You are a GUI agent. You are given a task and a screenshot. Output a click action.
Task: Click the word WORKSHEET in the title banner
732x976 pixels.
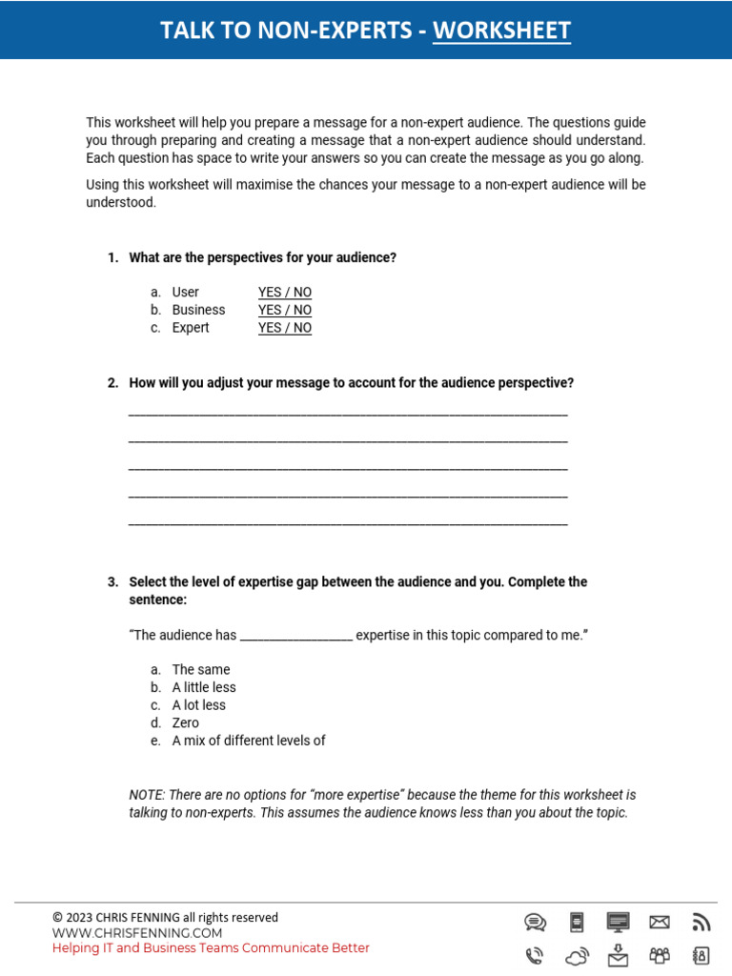pos(501,30)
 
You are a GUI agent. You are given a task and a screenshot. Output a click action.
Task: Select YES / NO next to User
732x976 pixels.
pos(284,293)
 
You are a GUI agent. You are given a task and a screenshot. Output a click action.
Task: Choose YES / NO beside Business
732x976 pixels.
pos(284,310)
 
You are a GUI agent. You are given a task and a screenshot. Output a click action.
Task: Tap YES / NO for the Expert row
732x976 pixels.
pos(284,328)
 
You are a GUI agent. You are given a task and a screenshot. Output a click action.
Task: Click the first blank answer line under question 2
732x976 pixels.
pos(348,415)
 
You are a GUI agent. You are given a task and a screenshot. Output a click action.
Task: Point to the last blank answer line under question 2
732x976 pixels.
pos(348,523)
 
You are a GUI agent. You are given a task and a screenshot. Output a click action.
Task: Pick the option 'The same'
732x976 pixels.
pos(200,670)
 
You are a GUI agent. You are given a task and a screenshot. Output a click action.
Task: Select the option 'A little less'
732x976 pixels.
pos(203,687)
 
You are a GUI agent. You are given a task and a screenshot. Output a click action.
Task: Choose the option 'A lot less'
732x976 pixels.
pos(198,705)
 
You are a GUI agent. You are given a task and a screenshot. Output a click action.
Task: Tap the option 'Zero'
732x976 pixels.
pos(185,722)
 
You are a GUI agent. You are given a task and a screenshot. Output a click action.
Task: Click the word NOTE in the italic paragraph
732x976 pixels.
pos(146,795)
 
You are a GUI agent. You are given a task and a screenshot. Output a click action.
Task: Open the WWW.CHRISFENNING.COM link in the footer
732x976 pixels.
pos(137,933)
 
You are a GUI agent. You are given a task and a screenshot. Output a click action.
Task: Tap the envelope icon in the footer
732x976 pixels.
pos(659,922)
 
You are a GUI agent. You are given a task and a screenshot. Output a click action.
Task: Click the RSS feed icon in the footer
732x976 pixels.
pos(701,922)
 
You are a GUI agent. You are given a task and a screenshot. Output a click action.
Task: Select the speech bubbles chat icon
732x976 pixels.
pos(535,922)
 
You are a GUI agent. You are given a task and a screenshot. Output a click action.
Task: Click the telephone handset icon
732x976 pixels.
pos(535,955)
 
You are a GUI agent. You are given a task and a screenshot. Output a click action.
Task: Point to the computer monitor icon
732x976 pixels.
pos(618,922)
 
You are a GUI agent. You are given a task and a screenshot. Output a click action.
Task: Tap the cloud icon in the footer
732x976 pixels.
pos(577,955)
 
